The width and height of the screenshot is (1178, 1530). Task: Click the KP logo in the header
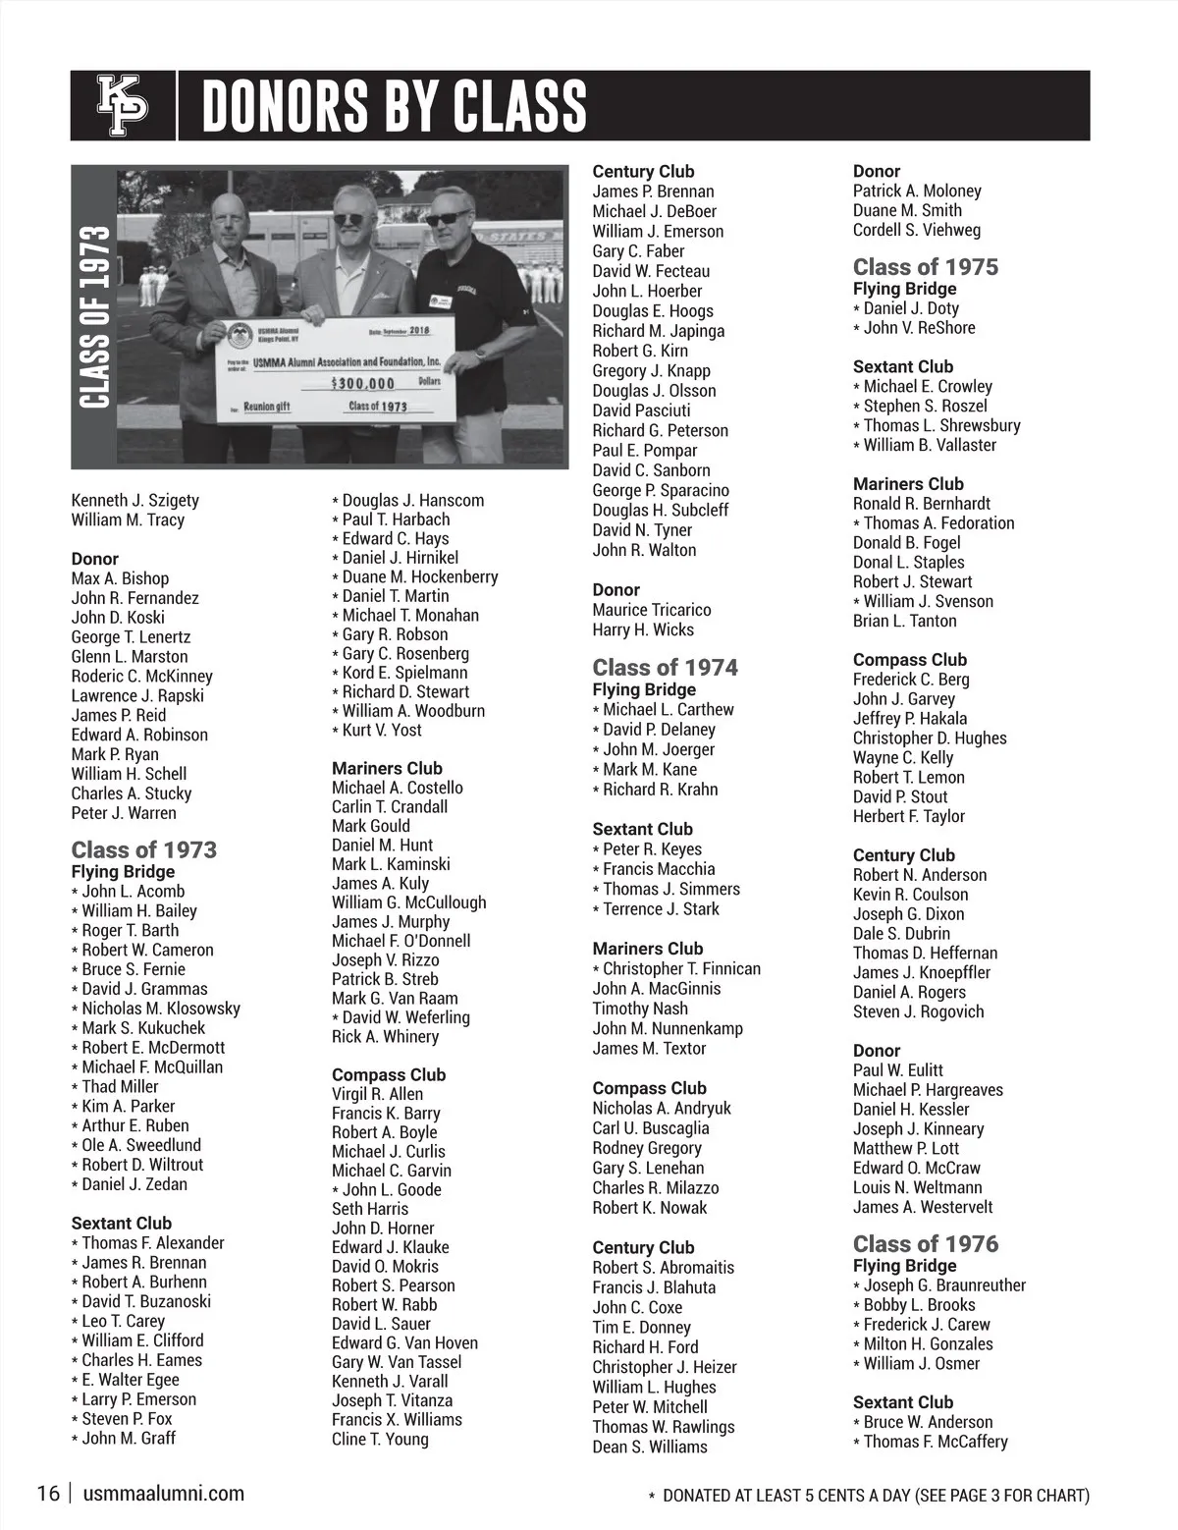click(122, 106)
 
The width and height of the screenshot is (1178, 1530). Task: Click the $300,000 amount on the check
click(363, 383)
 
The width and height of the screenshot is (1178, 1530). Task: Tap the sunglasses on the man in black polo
click(448, 217)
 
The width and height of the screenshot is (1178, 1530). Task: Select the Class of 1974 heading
click(665, 668)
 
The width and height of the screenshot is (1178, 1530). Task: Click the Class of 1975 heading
click(925, 267)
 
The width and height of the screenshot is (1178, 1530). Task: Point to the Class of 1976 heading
click(925, 1244)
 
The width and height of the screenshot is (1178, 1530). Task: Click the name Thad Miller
click(120, 1087)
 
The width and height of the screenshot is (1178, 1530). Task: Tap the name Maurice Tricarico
click(652, 610)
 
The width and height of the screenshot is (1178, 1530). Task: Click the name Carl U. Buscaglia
click(650, 1128)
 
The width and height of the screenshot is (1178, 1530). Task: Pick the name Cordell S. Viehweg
click(916, 230)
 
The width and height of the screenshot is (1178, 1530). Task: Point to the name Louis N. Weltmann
click(917, 1188)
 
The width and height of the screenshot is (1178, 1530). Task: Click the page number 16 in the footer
click(48, 1495)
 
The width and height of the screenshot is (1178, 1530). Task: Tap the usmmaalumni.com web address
click(164, 1495)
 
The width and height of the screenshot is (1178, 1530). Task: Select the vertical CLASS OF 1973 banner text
click(93, 317)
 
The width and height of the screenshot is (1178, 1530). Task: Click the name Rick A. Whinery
click(385, 1037)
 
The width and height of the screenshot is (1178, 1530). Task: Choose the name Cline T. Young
click(380, 1440)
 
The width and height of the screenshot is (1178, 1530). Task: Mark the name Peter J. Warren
click(124, 813)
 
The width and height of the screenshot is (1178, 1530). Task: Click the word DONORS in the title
click(291, 106)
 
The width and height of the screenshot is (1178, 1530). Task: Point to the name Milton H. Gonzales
click(928, 1344)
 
